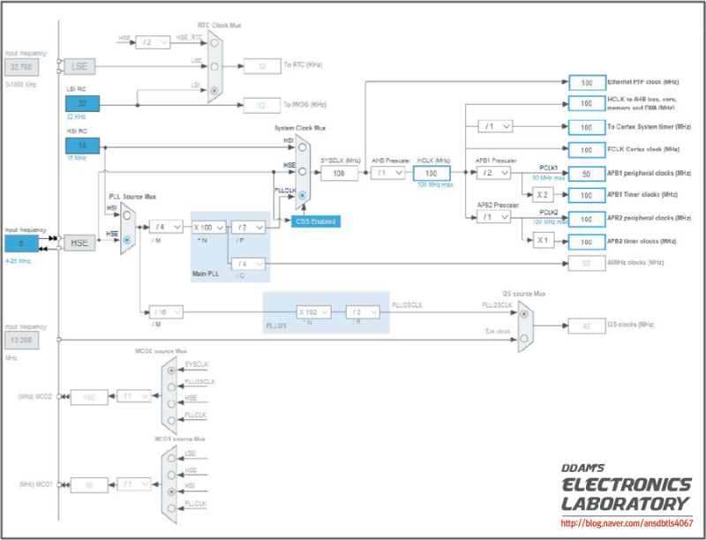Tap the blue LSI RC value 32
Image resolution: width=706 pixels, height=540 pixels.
pos(81,104)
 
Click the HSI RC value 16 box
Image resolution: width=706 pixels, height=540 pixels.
pos(81,146)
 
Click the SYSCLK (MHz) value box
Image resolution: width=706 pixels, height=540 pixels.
pos(338,173)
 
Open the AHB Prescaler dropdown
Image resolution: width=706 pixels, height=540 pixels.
pos(387,173)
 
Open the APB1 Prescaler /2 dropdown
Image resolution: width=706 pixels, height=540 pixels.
pos(492,173)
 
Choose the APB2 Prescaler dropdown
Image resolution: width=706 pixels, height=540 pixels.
pos(492,217)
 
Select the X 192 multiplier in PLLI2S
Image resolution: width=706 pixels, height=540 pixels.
pos(313,311)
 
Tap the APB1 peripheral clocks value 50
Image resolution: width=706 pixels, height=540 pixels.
pos(586,173)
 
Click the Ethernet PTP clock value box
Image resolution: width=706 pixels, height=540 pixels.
pos(586,82)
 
